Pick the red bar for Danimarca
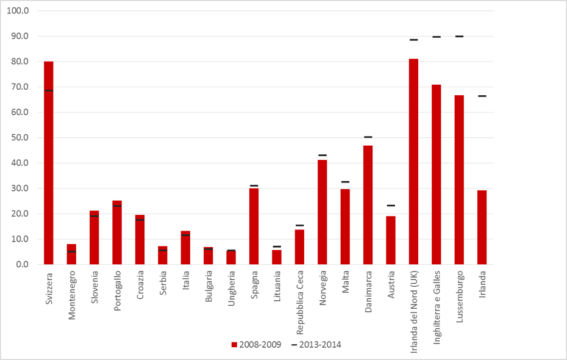(368, 205)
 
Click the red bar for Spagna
(254, 226)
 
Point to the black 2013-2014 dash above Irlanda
(482, 96)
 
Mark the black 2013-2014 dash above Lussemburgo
(459, 37)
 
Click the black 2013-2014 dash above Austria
(391, 206)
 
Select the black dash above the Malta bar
(345, 182)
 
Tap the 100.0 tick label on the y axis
(19, 11)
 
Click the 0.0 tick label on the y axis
(23, 265)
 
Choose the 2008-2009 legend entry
(256, 345)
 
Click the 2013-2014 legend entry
(316, 345)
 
